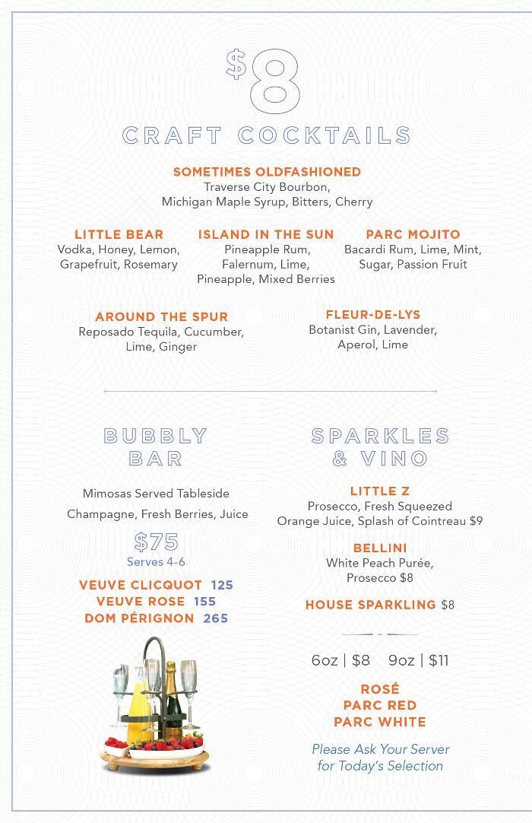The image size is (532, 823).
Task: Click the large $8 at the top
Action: pyautogui.click(x=265, y=79)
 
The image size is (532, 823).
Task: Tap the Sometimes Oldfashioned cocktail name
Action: pyautogui.click(x=267, y=172)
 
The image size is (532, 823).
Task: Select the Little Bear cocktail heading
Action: pyautogui.click(x=119, y=234)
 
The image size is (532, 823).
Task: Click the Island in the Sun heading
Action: pyautogui.click(x=266, y=234)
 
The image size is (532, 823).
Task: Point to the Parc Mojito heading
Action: pyautogui.click(x=413, y=234)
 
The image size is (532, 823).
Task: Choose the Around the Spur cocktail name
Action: pyautogui.click(x=161, y=316)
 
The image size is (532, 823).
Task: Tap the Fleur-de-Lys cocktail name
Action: pyautogui.click(x=372, y=315)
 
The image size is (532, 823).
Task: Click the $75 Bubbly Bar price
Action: pyautogui.click(x=156, y=542)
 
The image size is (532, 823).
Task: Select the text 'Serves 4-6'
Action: pyautogui.click(x=156, y=562)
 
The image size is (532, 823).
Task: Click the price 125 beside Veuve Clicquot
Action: pyautogui.click(x=222, y=585)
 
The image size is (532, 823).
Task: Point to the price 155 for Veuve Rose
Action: pyautogui.click(x=205, y=602)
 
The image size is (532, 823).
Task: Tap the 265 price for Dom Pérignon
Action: pyautogui.click(x=216, y=618)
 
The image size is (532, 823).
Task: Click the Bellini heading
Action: pyautogui.click(x=380, y=548)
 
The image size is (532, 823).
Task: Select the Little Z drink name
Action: pyautogui.click(x=380, y=491)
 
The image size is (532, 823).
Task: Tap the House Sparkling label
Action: pyautogui.click(x=370, y=605)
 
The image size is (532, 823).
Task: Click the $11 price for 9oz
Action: pyautogui.click(x=439, y=660)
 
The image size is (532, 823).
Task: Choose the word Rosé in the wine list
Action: pyautogui.click(x=380, y=689)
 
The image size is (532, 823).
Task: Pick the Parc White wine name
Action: pyautogui.click(x=380, y=722)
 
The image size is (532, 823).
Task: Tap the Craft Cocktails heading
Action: pyautogui.click(x=267, y=135)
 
